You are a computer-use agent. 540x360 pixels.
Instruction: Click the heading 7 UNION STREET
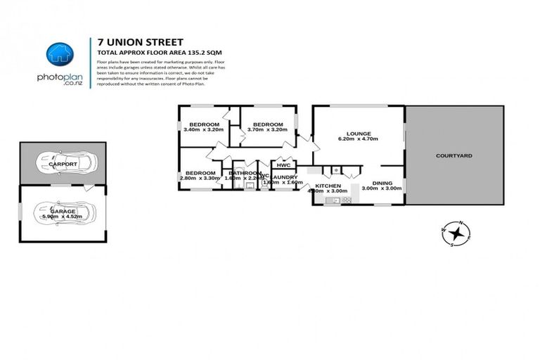132,42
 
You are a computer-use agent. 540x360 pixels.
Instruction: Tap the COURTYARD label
454,155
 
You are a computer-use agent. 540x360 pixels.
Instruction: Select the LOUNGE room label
358,134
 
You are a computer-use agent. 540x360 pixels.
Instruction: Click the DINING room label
382,183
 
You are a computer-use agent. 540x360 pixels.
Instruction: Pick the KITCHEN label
328,185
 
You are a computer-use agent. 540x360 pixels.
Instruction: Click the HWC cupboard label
283,165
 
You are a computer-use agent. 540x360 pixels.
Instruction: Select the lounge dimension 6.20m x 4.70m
358,140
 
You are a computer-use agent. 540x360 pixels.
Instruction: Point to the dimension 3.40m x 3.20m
202,130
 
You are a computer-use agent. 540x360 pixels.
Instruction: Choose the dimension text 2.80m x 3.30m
200,179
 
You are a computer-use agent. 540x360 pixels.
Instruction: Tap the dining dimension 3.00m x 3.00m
382,188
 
